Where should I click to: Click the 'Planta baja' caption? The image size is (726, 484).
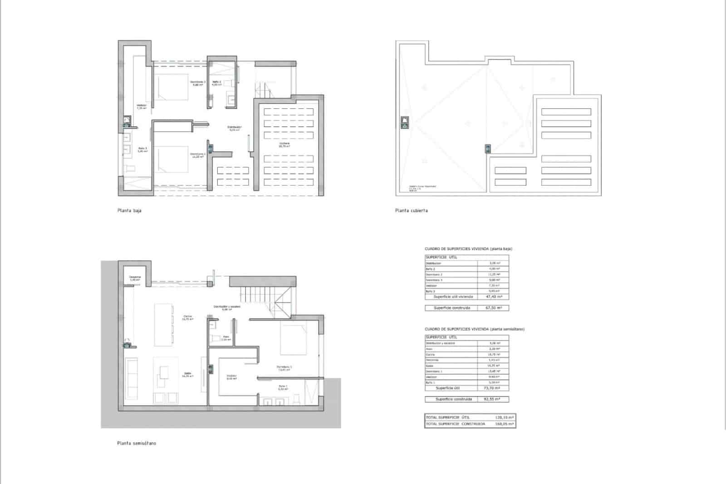pyautogui.click(x=129, y=211)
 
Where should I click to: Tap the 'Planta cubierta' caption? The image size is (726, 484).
pyautogui.click(x=411, y=211)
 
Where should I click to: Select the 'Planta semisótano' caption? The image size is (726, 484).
pyautogui.click(x=136, y=443)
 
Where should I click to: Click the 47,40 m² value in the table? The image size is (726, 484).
pyautogui.click(x=493, y=296)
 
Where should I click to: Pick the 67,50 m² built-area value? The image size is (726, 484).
pyautogui.click(x=493, y=308)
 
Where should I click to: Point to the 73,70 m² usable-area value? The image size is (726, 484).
pyautogui.click(x=493, y=388)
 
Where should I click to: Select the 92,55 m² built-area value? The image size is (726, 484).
pyautogui.click(x=493, y=400)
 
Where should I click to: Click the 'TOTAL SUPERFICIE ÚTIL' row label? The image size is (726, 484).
pyautogui.click(x=447, y=417)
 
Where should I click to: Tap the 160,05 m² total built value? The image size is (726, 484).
pyautogui.click(x=504, y=424)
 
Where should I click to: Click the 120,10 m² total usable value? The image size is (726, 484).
pyautogui.click(x=504, y=417)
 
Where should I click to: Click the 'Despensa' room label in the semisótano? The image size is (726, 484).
pyautogui.click(x=135, y=277)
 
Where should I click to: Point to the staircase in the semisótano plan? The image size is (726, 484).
pyautogui.click(x=263, y=295)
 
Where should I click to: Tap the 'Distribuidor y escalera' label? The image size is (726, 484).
pyautogui.click(x=227, y=307)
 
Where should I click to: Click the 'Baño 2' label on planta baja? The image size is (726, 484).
pyautogui.click(x=217, y=82)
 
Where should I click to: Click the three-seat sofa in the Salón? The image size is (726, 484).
pyautogui.click(x=132, y=378)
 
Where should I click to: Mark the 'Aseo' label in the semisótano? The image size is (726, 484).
pyautogui.click(x=226, y=337)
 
